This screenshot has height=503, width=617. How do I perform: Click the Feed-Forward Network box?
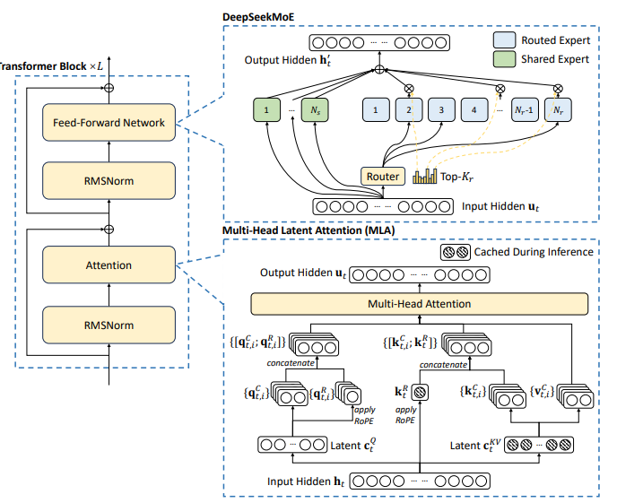coord(109,122)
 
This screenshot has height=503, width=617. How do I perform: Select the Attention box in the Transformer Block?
coord(109,265)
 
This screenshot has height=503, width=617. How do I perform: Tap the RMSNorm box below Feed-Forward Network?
coord(109,180)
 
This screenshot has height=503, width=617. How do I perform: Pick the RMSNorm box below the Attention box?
coord(109,325)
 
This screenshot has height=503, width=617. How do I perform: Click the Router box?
coord(383,177)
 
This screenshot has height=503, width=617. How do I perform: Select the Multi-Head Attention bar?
coord(420,304)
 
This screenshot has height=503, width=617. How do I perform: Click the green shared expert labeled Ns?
coord(315,109)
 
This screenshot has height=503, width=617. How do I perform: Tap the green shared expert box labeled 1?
coord(266,109)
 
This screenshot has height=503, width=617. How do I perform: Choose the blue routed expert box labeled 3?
coord(441,109)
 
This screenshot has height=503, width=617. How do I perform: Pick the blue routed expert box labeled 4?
coord(474,109)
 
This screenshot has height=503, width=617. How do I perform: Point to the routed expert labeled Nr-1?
coord(525,109)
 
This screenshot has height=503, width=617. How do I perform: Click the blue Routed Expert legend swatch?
coord(505,40)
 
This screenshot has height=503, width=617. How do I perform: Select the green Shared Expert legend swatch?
coord(505,59)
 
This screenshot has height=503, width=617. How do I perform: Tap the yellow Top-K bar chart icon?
coord(424,177)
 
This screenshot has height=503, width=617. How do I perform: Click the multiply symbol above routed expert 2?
coord(409,89)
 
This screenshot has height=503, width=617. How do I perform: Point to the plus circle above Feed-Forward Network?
coord(109,88)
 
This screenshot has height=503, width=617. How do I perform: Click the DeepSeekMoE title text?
coord(258,17)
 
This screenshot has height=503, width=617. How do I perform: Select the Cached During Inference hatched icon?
coord(456,252)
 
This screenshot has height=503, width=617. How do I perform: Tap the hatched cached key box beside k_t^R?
coord(420,392)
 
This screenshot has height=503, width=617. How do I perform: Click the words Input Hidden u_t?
coord(500,206)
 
